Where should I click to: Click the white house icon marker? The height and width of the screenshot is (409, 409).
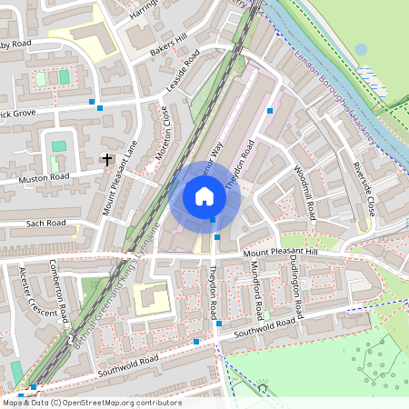[x=204, y=196]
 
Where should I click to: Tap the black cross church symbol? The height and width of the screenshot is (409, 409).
[x=107, y=159]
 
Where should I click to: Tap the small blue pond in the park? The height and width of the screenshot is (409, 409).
[x=361, y=49]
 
